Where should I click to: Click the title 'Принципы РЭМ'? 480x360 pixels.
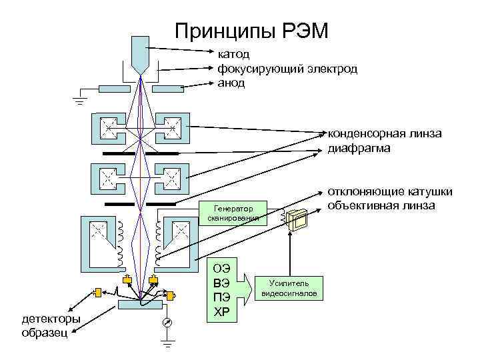[251, 31]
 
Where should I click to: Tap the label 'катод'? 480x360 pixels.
[231, 53]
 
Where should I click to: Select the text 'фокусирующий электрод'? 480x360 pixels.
[287, 68]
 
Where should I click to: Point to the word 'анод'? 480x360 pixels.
[231, 83]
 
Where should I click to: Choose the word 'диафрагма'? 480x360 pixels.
[359, 149]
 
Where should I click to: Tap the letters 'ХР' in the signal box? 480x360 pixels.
[221, 311]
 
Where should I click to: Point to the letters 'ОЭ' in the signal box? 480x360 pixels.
[221, 269]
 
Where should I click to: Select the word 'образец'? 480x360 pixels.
[44, 333]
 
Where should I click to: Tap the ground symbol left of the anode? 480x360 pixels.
[81, 100]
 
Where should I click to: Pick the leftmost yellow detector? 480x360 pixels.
[98, 292]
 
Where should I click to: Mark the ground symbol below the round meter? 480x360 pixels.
[167, 345]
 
